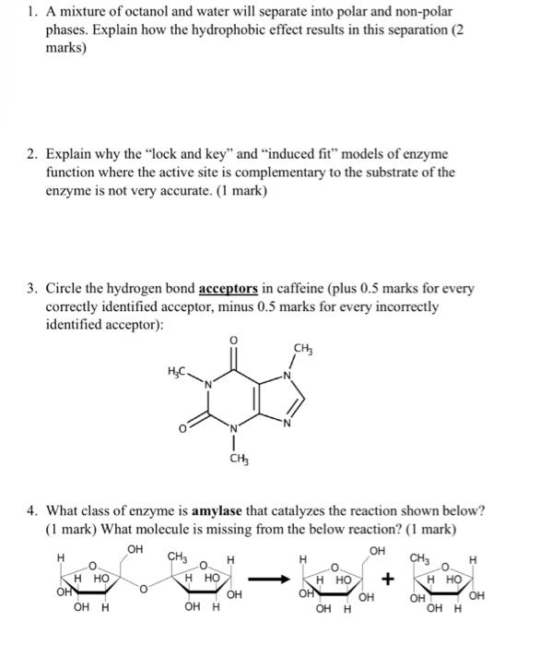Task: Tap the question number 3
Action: pos(32,289)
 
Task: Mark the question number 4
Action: pos(32,510)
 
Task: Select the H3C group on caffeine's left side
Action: pos(181,371)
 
